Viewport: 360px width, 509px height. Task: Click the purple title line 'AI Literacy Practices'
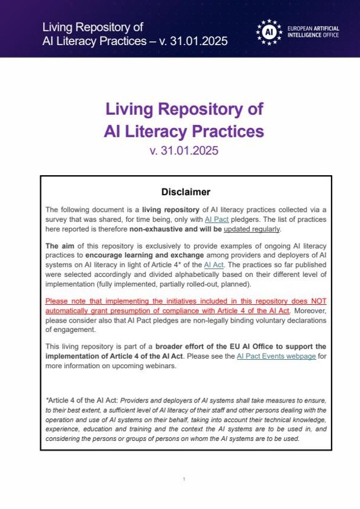point(184,130)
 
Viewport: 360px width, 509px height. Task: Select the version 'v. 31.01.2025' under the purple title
point(184,150)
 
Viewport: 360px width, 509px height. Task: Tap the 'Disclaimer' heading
point(186,192)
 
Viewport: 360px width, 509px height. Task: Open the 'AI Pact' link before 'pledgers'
point(216,219)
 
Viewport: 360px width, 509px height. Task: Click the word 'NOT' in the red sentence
point(316,301)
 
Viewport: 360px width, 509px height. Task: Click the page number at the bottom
point(184,479)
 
